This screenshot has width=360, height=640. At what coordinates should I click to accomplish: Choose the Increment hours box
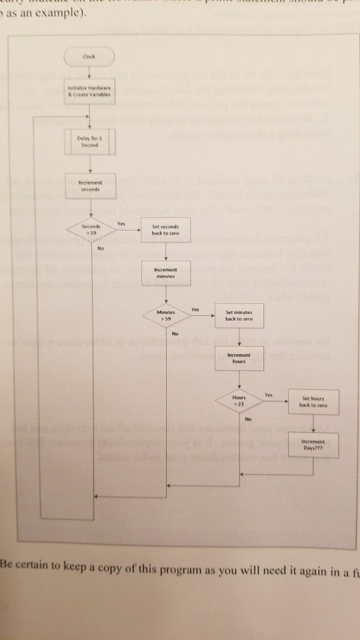238,358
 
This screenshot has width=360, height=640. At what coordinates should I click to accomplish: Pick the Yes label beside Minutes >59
195,309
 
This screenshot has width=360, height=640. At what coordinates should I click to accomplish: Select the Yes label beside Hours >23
269,395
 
